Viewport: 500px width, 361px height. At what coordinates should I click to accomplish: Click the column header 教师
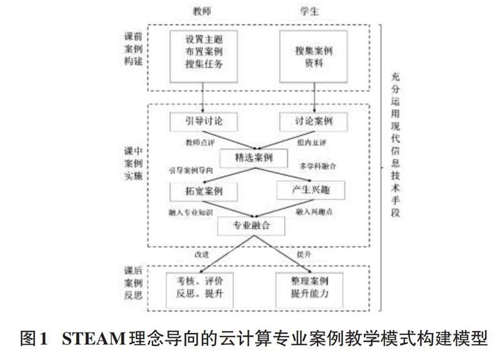pyautogui.click(x=204, y=12)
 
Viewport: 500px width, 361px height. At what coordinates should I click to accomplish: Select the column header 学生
pyautogui.click(x=311, y=12)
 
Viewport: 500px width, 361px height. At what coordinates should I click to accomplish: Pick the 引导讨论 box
pyautogui.click(x=196, y=121)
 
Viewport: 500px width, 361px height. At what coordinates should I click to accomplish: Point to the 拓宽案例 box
pyautogui.click(x=196, y=190)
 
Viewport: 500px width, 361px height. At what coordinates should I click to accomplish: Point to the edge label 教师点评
pyautogui.click(x=199, y=142)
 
